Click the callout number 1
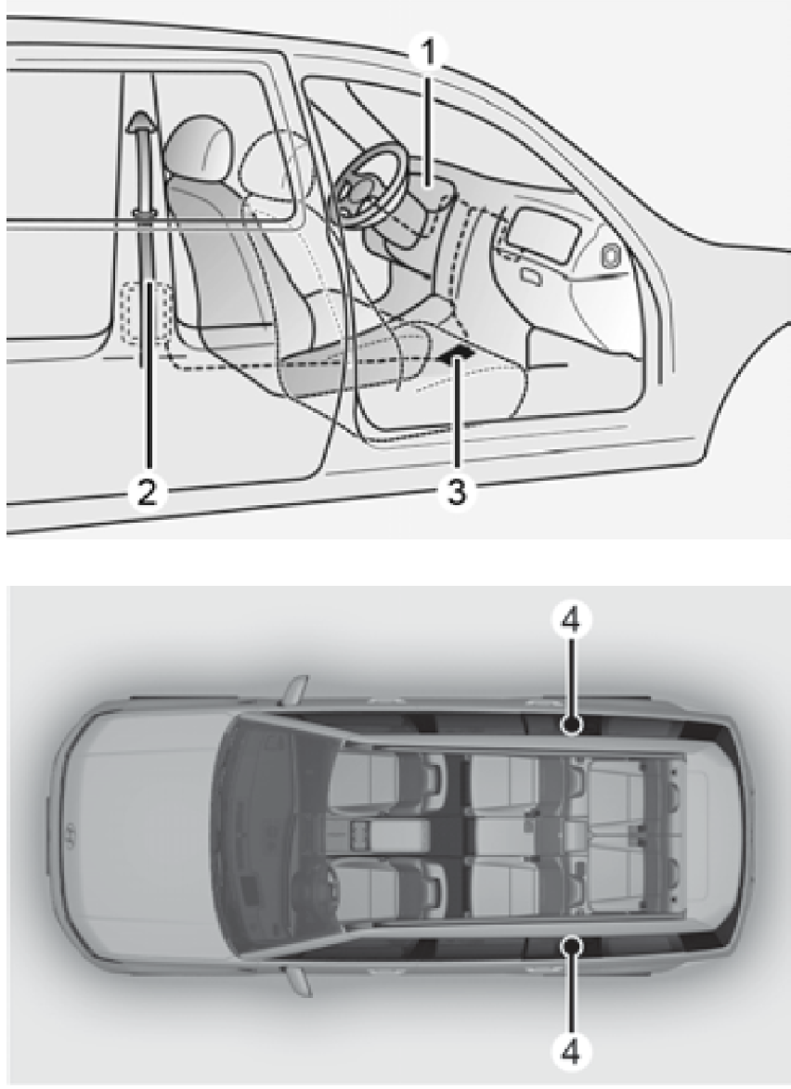click(430, 52)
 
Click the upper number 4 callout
click(570, 622)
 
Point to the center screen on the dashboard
click(542, 234)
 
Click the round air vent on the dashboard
click(612, 256)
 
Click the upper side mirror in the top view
click(296, 691)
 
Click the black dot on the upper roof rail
click(571, 726)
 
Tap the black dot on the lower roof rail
click(571, 942)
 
